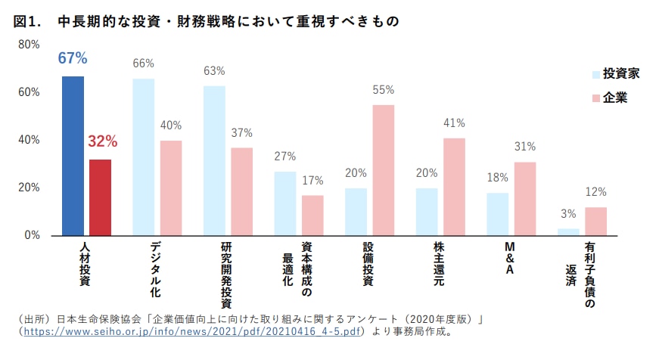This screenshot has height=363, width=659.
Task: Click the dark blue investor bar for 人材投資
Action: [x=73, y=156]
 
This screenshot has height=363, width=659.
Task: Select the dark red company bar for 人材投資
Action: [x=100, y=197]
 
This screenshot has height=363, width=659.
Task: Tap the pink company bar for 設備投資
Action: [x=383, y=170]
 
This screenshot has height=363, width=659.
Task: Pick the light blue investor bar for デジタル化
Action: [x=144, y=157]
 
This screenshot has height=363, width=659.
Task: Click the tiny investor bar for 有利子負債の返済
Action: [x=568, y=231]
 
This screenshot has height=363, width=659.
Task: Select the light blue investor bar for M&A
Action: [x=497, y=214]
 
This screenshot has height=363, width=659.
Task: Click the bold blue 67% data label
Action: [x=73, y=58]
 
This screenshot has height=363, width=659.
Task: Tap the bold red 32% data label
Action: [x=102, y=141]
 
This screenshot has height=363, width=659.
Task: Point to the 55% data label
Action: [x=383, y=90]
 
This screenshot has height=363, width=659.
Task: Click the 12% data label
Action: [x=595, y=192]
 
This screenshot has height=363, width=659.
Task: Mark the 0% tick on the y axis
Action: [x=32, y=235]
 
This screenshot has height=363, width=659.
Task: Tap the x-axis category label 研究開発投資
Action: [x=226, y=269]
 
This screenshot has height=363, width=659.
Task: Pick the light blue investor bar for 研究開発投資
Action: [x=214, y=160]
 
